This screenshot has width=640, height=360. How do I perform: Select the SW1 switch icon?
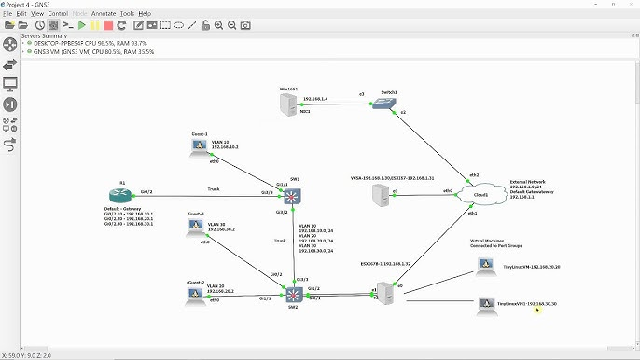(294, 196)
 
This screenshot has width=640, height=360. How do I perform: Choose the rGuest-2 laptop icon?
(195, 295)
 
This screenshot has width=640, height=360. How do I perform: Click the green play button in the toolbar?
(82, 25)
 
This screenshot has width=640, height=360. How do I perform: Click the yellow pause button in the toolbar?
(95, 25)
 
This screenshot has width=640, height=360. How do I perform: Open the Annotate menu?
(104, 14)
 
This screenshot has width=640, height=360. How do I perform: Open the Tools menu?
(127, 14)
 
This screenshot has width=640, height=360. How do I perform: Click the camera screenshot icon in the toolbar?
(245, 25)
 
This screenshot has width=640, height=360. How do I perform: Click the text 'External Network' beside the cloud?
(526, 181)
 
